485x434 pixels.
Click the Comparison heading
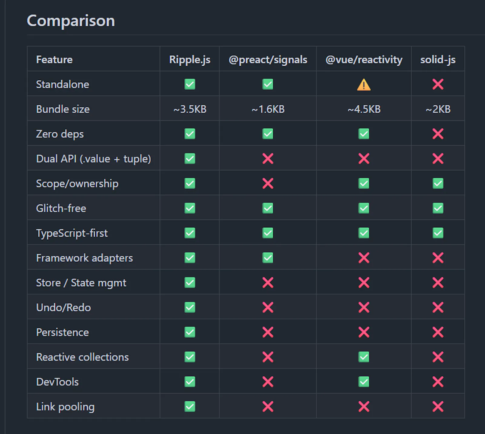coord(71,21)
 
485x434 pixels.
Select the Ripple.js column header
coord(190,60)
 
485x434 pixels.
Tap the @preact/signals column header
coord(268,60)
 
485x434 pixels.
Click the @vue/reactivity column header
coord(364,60)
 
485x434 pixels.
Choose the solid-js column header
coord(438,60)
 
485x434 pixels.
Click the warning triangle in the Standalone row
coord(364,84)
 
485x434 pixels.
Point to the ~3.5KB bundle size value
coord(190,109)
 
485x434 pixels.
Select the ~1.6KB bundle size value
coord(268,109)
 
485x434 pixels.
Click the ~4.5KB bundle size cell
coord(364,109)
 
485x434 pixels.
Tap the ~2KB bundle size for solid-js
coord(438,109)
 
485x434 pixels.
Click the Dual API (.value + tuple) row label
coord(93,159)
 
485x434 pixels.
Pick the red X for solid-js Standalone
coord(438,84)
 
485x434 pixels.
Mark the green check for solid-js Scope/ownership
coord(438,183)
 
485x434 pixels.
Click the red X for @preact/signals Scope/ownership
coord(268,183)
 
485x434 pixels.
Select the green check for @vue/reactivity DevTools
coord(364,382)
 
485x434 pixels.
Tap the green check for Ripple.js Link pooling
coord(190,406)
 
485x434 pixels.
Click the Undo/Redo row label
coord(63,307)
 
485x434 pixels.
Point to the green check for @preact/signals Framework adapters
coord(268,258)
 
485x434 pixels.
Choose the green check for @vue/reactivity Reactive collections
coord(364,357)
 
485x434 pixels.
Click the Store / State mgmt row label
coord(81,283)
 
